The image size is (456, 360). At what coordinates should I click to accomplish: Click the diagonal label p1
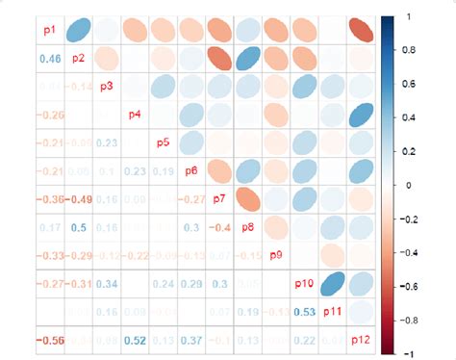[x=50, y=32]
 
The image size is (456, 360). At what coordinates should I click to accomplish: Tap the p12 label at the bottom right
[x=360, y=340]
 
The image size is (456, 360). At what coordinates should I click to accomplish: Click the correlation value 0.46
[x=50, y=60]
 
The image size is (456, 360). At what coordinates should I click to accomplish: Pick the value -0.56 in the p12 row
[x=50, y=340]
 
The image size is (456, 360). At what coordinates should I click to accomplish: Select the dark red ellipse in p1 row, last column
[x=361, y=32]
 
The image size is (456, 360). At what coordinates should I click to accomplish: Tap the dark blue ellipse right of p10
[x=333, y=284]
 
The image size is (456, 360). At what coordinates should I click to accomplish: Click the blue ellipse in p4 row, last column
[x=361, y=116]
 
